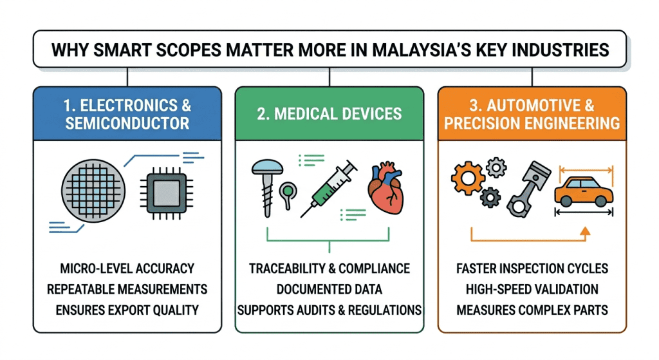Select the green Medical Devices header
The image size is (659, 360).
coord(329,114)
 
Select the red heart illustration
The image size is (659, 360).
coord(386,187)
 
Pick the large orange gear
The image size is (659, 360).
coord(467,176)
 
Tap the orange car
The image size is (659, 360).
coord(584,191)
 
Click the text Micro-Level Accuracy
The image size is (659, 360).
coord(127,268)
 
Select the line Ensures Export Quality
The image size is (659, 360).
coord(127,310)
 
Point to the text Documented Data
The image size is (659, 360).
coord(329,289)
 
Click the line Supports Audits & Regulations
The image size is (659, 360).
coord(329,310)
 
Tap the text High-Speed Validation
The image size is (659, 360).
coord(531,289)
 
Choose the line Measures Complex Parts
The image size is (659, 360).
coord(531,310)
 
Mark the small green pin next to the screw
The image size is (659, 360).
coord(286,191)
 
